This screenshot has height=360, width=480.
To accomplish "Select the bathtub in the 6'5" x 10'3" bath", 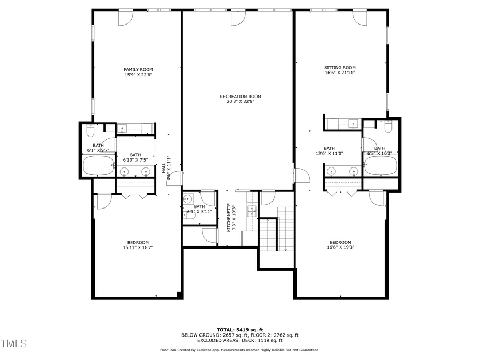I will click(x=381, y=166).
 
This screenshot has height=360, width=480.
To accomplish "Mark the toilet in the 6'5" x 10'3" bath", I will click(x=388, y=127).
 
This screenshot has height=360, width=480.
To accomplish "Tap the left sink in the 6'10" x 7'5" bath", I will click(x=124, y=172).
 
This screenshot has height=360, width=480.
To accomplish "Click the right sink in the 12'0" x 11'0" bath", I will click(x=353, y=171).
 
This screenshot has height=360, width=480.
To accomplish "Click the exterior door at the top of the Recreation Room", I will click(x=238, y=18).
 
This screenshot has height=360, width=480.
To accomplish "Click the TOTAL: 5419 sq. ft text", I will click(x=239, y=329).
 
